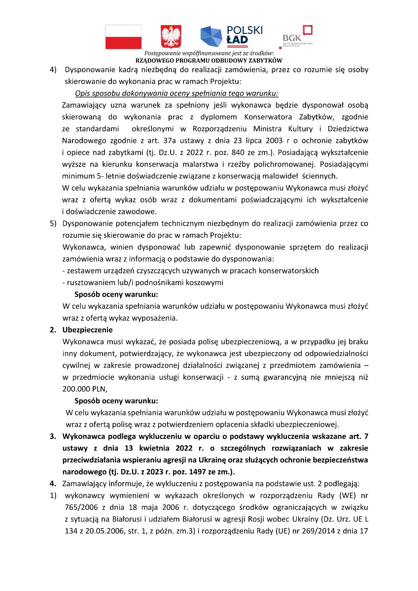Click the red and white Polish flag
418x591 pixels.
(x=123, y=37)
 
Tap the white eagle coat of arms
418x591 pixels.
(x=171, y=37)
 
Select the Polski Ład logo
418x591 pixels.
(x=231, y=35)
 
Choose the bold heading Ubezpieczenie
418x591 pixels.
(x=88, y=329)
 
